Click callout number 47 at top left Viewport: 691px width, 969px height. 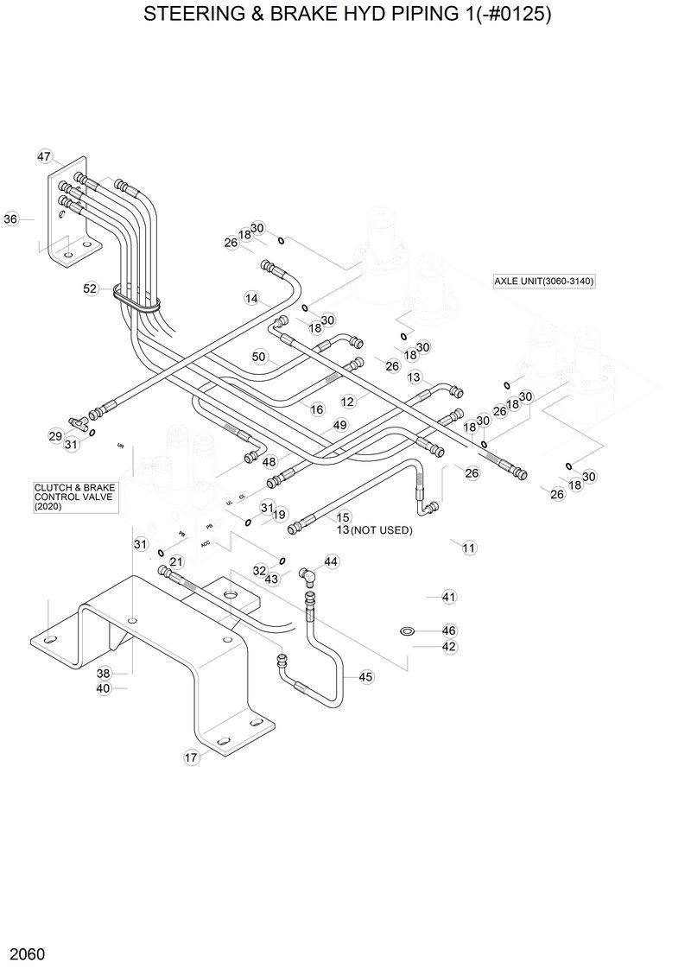44,156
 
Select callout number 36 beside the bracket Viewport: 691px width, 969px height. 11,219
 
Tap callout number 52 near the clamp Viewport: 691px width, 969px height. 91,289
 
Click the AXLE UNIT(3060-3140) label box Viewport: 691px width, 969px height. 544,282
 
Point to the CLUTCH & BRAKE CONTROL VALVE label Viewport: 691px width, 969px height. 74,497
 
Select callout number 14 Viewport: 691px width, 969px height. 251,299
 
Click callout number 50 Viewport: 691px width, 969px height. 259,357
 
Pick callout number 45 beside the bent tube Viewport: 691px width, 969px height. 365,677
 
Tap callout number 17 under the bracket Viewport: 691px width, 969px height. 192,757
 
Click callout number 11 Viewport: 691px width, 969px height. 469,548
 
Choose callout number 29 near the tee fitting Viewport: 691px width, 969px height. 55,437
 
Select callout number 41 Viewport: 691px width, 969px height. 448,597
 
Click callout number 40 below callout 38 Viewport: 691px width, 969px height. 104,688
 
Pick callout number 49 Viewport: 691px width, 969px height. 340,425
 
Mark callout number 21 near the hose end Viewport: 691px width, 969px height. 176,561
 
